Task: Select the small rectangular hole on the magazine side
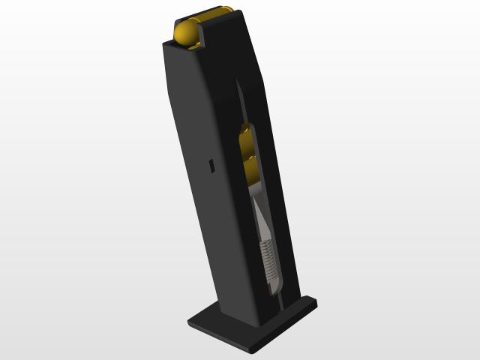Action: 211,166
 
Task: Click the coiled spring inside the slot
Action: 268,258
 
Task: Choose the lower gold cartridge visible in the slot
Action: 250,169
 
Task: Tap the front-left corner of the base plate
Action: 190,322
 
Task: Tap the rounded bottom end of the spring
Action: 273,284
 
